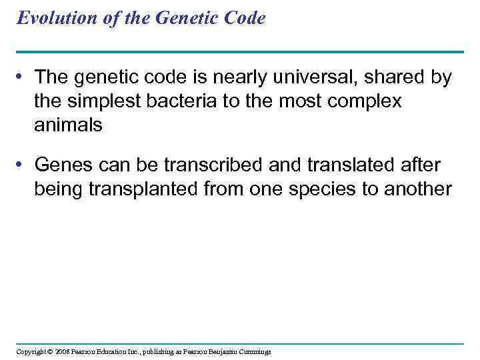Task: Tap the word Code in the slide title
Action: tap(245, 18)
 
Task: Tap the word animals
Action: tap(69, 125)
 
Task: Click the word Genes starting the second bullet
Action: tap(63, 165)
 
